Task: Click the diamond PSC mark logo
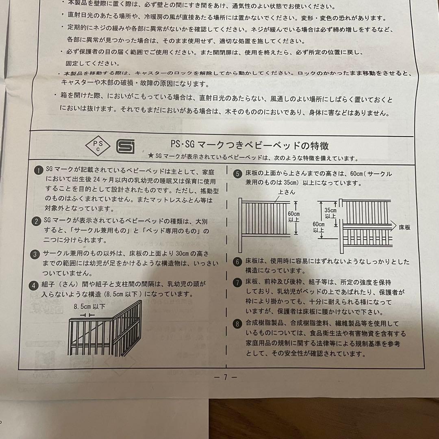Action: [x=97, y=145]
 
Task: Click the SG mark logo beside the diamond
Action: [x=125, y=146]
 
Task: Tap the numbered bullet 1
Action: [x=37, y=171]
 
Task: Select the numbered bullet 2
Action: [x=37, y=221]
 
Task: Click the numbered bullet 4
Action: [x=36, y=285]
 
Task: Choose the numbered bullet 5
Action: [x=237, y=174]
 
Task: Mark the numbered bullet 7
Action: [x=237, y=282]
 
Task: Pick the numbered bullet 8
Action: [x=237, y=324]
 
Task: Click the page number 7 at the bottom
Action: [x=225, y=377]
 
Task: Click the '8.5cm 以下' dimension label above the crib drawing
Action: [x=89, y=307]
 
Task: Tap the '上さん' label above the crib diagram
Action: [x=287, y=192]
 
